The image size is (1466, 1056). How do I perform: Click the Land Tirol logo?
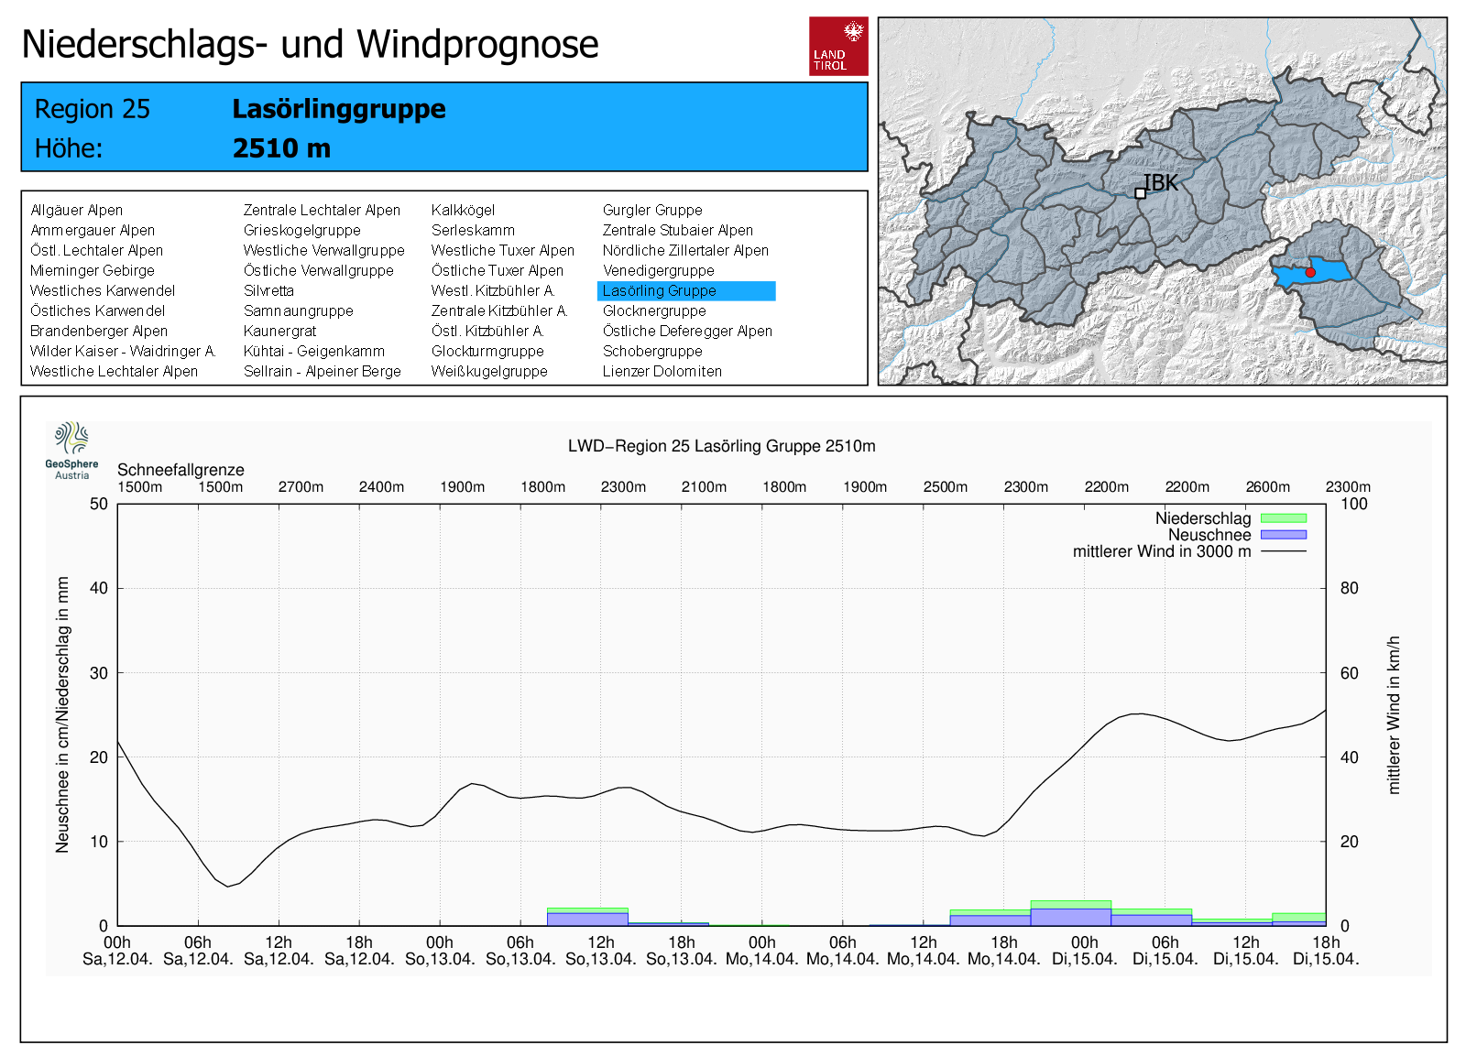point(837,46)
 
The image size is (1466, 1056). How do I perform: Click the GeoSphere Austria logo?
point(71,450)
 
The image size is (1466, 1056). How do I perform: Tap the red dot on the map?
point(1310,272)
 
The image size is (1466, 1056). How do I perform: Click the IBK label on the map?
point(1160,183)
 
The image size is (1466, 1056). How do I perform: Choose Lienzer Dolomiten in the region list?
point(662,371)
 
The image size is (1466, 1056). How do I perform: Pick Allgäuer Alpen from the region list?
point(76,210)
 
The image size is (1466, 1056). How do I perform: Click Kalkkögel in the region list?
point(463,210)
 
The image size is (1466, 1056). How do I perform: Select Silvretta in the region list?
point(268,290)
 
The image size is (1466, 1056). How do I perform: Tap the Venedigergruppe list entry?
point(658,270)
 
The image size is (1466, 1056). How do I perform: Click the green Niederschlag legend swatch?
point(1283,518)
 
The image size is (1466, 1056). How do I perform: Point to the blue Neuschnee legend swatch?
point(1283,535)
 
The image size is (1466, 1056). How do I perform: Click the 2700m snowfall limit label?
point(301,487)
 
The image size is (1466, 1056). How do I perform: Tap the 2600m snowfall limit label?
point(1267,487)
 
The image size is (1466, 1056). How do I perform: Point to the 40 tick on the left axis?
point(98,588)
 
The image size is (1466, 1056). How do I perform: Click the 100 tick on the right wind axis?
point(1353,504)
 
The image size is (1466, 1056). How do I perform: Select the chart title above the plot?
point(721,446)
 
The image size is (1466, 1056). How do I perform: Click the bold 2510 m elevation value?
point(281,148)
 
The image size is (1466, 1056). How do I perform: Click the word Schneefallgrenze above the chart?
point(181,470)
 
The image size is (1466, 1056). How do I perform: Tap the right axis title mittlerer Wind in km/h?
point(1394,714)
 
